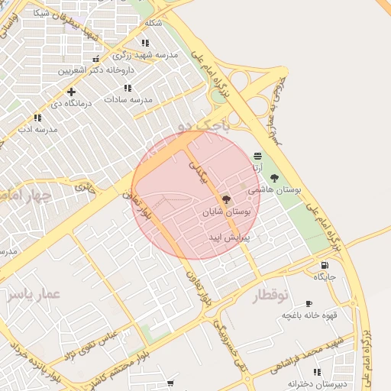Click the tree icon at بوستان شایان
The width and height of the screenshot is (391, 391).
coord(226,199)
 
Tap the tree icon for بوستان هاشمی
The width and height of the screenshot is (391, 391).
coord(274,178)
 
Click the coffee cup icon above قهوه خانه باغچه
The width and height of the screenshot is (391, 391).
coord(309,303)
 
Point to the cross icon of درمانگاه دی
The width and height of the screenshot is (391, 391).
coord(71,92)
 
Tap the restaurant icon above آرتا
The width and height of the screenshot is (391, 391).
coord(258,156)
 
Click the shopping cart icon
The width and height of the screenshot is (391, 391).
coord(170,383)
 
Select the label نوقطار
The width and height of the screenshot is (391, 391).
coord(272,296)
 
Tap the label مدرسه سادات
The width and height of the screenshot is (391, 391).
coord(129,99)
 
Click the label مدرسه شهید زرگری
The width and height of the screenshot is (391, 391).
coord(145,55)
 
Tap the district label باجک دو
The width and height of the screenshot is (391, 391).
coord(200,124)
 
